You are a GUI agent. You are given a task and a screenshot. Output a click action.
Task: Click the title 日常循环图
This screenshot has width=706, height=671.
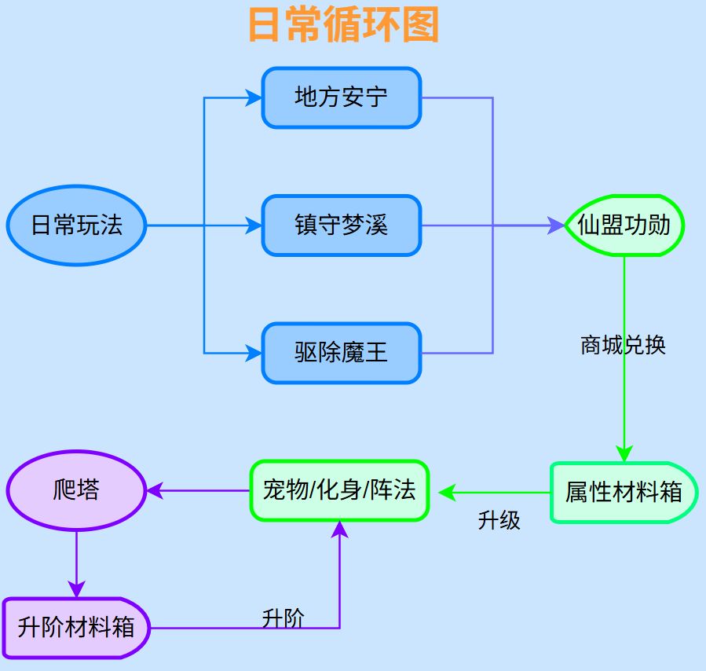pyautogui.click(x=343, y=24)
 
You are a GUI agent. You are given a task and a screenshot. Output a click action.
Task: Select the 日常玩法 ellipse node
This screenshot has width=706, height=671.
pyautogui.click(x=77, y=225)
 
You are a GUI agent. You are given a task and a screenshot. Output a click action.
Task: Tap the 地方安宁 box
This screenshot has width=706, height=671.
pyautogui.click(x=342, y=97)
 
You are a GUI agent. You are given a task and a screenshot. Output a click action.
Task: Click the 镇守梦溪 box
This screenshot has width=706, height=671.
pyautogui.click(x=342, y=225)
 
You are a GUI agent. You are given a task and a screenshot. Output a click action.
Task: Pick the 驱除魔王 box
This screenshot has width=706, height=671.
pyautogui.click(x=342, y=353)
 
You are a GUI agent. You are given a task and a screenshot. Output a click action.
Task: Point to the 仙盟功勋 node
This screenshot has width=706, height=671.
pyautogui.click(x=624, y=225)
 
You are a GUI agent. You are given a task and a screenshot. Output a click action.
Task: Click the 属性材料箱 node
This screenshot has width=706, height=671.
pyautogui.click(x=624, y=493)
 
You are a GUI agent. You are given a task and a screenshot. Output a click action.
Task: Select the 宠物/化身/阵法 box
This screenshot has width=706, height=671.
pyautogui.click(x=339, y=491)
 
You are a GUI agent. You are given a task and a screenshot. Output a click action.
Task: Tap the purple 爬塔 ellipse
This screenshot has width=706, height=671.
pyautogui.click(x=77, y=491)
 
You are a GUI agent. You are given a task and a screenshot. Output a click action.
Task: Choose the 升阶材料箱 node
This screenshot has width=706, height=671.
pyautogui.click(x=76, y=628)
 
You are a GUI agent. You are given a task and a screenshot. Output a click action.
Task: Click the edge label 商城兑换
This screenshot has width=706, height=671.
pyautogui.click(x=623, y=346)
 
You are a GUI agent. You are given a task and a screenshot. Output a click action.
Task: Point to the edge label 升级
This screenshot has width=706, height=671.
pyautogui.click(x=499, y=520)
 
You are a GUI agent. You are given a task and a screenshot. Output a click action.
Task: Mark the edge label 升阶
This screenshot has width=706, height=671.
pyautogui.click(x=283, y=618)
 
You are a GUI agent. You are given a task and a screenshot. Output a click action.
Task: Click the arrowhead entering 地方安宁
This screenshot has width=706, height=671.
pyautogui.click(x=254, y=97)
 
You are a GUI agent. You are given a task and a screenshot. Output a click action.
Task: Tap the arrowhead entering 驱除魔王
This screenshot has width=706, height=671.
pyautogui.click(x=254, y=353)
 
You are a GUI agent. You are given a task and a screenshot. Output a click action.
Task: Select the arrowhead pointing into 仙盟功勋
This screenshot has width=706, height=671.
pyautogui.click(x=557, y=225)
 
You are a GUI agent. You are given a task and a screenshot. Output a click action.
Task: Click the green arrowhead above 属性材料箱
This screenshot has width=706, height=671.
pyautogui.click(x=624, y=453)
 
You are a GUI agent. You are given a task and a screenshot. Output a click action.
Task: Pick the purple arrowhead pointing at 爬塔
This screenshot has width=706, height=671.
pyautogui.click(x=155, y=491)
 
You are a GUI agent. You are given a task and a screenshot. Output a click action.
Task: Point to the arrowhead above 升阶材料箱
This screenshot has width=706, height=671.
pyautogui.click(x=76, y=589)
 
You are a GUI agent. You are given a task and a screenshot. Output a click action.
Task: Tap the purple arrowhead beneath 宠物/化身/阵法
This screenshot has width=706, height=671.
pyautogui.click(x=339, y=529)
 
